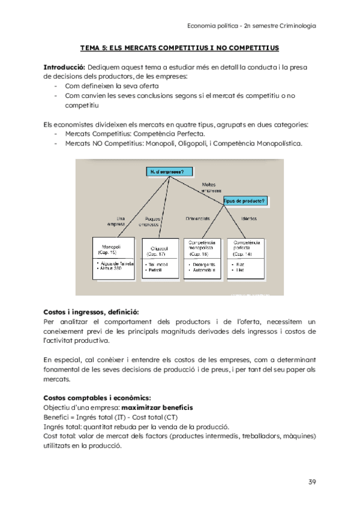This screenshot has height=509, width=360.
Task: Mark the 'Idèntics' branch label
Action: pos(248,218)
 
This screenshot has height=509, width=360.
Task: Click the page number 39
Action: pos(312,482)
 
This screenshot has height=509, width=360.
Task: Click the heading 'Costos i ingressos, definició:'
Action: pos(91,312)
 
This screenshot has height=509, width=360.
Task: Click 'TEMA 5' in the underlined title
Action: pos(94,47)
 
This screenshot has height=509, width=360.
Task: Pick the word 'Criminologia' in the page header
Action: pos(296,26)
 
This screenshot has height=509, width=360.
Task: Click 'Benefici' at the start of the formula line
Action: pos(57,417)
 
